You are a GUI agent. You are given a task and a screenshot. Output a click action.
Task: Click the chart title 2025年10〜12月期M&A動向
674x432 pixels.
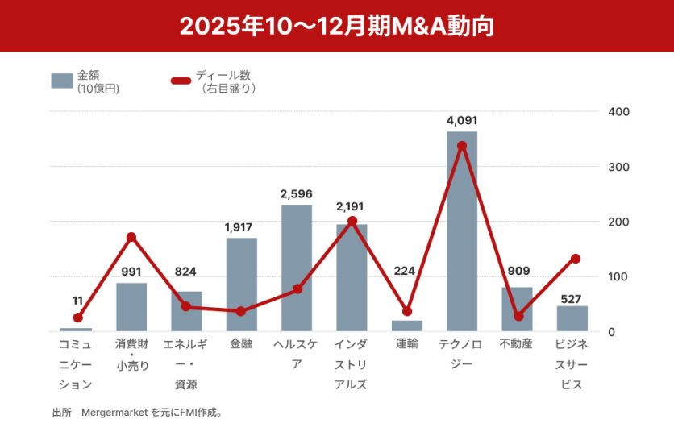(x=336, y=26)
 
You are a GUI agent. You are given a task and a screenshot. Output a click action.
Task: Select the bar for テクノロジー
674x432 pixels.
(x=462, y=232)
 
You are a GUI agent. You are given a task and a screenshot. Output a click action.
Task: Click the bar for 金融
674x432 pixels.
(x=242, y=285)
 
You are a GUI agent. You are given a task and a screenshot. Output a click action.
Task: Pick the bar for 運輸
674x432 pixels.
(x=407, y=326)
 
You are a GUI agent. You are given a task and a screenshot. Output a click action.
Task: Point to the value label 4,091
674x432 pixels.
(x=462, y=121)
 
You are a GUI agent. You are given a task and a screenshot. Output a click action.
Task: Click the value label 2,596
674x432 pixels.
(x=297, y=194)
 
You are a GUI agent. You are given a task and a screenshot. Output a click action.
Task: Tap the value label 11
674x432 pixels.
(x=77, y=301)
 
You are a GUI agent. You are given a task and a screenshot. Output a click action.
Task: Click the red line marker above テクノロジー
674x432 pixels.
(x=462, y=146)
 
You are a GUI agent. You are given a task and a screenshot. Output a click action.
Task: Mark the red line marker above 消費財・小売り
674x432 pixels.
(x=131, y=237)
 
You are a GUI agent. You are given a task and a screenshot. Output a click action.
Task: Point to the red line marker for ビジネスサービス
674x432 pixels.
(x=576, y=259)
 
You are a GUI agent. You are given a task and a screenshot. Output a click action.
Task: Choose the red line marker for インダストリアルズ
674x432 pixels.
(x=352, y=221)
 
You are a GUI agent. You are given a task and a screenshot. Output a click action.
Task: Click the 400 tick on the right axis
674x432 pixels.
(x=618, y=111)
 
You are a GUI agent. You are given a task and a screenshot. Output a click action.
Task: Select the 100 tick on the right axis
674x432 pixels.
(x=618, y=276)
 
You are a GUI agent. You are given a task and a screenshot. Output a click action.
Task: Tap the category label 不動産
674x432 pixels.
(x=517, y=344)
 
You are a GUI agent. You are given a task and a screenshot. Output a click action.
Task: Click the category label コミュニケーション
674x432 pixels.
(x=77, y=364)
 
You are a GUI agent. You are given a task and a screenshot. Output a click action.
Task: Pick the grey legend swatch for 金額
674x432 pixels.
(x=62, y=81)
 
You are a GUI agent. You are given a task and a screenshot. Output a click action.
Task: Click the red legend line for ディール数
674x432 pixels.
(x=181, y=81)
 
